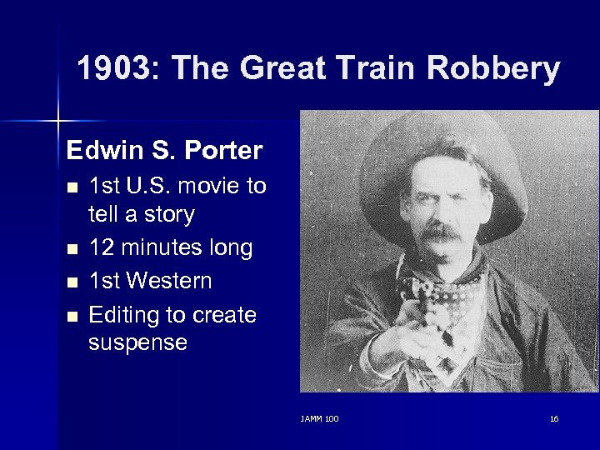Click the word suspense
point(137,342)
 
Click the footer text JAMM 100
point(320,418)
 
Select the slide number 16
point(554,418)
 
